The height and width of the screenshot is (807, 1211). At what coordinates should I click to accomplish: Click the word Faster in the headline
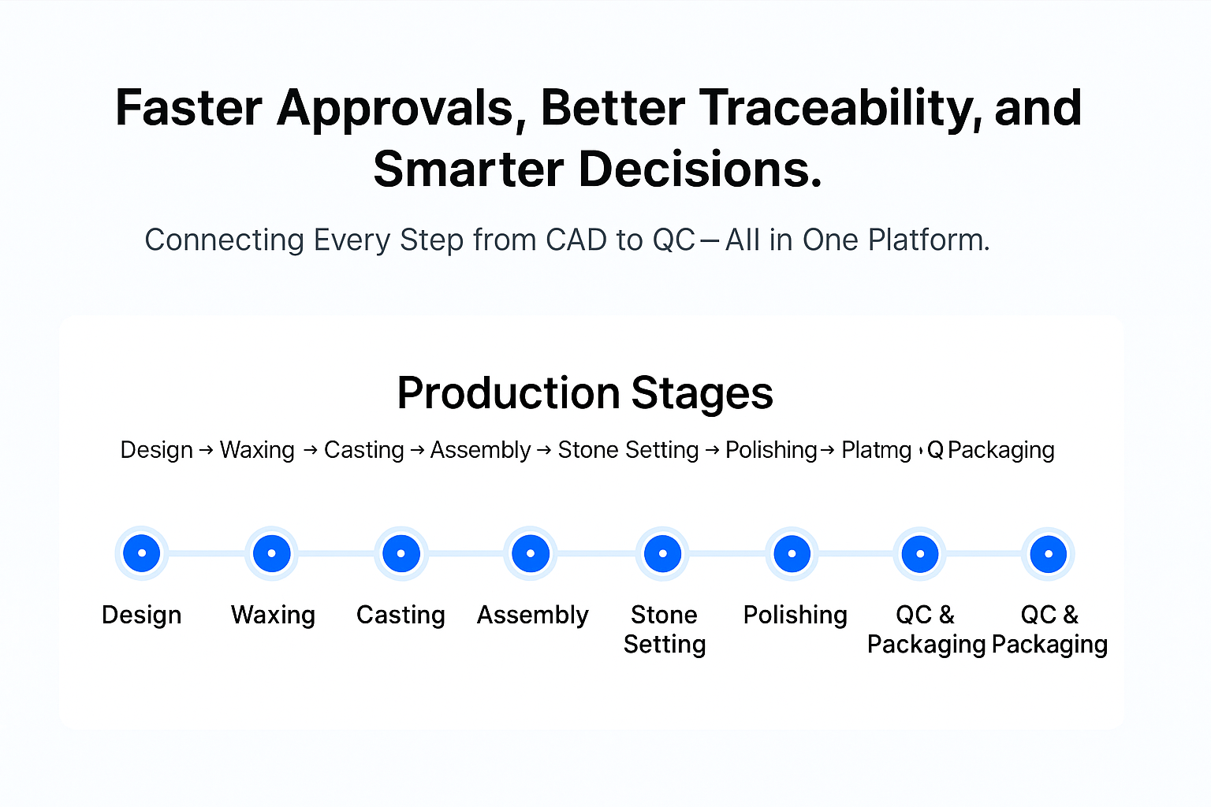coord(188,108)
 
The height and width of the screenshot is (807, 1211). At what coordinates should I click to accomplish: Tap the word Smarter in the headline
coord(468,169)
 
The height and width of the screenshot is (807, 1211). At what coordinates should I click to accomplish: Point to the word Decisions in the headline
coord(701,169)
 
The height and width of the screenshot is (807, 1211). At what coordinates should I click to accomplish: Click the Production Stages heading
coord(585,392)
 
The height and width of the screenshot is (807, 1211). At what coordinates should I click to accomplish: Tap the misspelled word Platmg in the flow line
coord(876,450)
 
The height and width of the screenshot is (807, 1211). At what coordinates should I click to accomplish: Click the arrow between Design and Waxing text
coord(206,450)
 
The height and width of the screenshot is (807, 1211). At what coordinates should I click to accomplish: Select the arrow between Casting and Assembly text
coord(417,450)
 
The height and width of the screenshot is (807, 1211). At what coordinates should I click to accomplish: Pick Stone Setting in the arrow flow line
coord(628,450)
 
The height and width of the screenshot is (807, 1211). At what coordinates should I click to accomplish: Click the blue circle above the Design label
coord(142,553)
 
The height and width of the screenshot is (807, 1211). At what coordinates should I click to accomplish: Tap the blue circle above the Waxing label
coord(272,553)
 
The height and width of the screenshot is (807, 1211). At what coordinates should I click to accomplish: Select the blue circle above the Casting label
coord(401,553)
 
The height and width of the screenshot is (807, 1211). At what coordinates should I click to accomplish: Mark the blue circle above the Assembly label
coord(531,553)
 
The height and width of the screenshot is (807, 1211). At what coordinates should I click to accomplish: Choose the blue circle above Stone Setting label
coord(663,553)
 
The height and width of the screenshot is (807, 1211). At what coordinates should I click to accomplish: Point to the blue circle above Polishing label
coord(792,553)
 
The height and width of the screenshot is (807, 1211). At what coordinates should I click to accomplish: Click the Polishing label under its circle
coord(795,615)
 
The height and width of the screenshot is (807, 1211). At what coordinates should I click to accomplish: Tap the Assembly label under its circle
coord(532,615)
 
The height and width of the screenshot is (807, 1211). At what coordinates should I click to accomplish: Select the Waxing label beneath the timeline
coord(273,615)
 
